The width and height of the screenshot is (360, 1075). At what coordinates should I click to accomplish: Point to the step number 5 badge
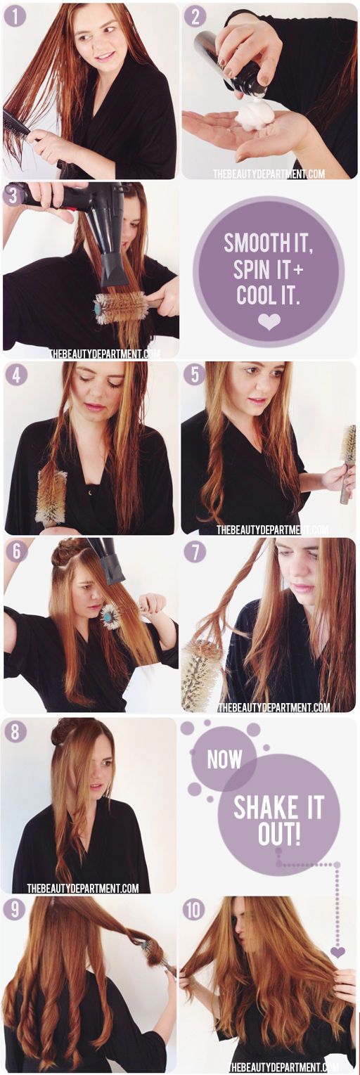click(x=195, y=374)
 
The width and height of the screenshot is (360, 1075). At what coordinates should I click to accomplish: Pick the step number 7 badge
click(x=195, y=552)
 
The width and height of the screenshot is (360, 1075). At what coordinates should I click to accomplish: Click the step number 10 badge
click(x=194, y=910)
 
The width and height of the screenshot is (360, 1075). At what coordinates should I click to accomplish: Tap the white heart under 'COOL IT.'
click(x=269, y=321)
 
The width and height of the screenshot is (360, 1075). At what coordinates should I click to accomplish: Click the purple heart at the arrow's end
click(x=337, y=952)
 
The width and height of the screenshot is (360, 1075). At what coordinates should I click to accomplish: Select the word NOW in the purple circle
click(x=224, y=759)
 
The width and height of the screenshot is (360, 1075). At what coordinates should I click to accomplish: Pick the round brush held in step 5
click(x=347, y=464)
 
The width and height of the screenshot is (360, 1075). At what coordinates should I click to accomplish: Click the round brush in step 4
click(x=51, y=498)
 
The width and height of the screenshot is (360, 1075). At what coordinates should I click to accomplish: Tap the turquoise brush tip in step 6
click(x=110, y=617)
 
